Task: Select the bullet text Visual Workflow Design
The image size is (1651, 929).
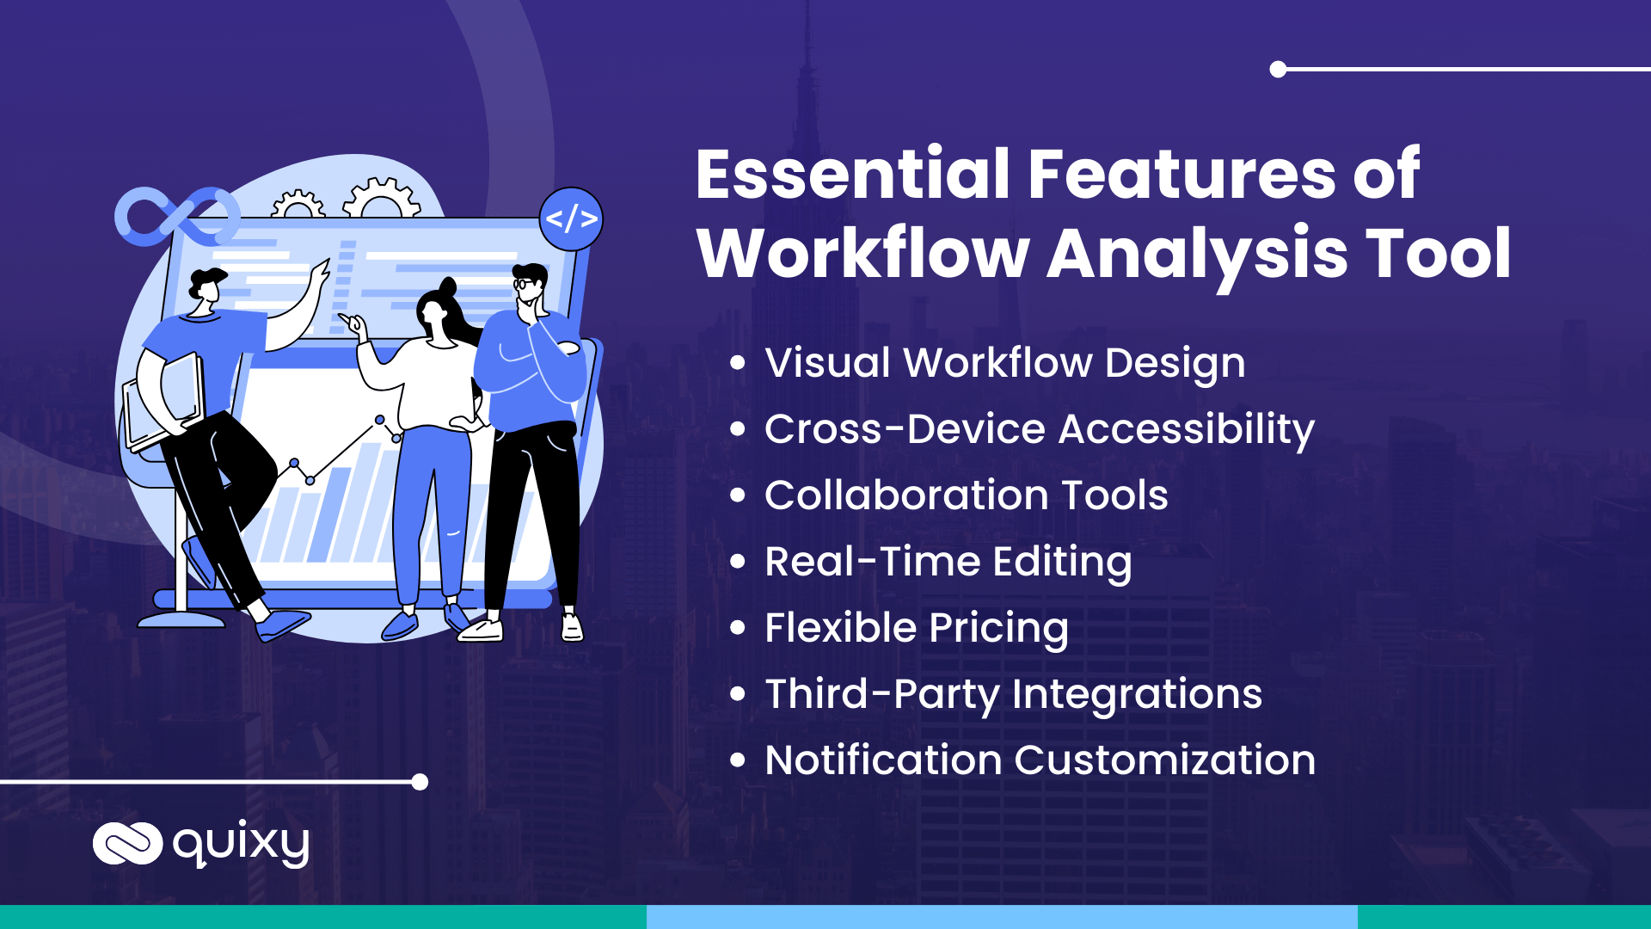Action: click(1004, 363)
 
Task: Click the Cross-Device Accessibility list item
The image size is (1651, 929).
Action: click(1039, 429)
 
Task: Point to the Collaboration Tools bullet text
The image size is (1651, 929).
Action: click(966, 495)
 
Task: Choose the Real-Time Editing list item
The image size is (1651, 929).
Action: click(948, 562)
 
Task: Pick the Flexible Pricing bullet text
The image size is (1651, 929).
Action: click(916, 628)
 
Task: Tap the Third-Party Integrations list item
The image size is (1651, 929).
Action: click(1013, 694)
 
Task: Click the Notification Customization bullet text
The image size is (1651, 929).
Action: click(1040, 760)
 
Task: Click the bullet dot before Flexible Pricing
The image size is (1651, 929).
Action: click(737, 628)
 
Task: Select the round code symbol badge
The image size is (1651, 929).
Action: click(571, 219)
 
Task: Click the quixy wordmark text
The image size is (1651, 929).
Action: click(241, 844)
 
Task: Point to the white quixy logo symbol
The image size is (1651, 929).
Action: click(127, 843)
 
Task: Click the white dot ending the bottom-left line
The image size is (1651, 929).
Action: click(420, 782)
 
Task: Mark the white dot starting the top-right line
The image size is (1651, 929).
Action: click(1279, 70)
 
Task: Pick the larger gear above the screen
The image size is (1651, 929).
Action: click(382, 199)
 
